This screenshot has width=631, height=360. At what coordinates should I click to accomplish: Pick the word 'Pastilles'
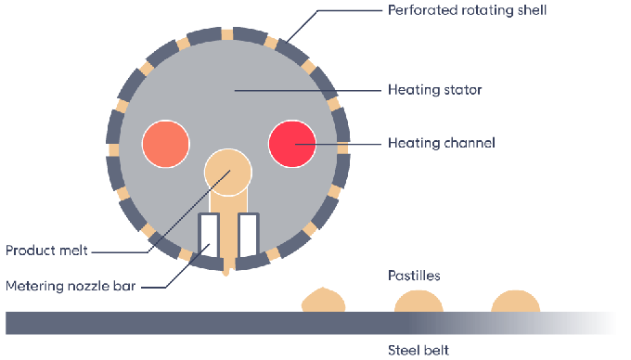[413, 276]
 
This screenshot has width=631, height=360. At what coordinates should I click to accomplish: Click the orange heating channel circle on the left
[166, 144]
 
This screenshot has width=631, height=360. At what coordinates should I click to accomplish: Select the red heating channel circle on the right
[292, 144]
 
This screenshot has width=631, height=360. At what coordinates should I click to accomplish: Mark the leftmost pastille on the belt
[324, 301]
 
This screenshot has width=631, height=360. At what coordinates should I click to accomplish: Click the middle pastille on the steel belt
[419, 302]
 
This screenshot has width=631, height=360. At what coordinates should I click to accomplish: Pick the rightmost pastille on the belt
[514, 302]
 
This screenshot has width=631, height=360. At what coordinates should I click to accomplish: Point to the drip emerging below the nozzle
[228, 270]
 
